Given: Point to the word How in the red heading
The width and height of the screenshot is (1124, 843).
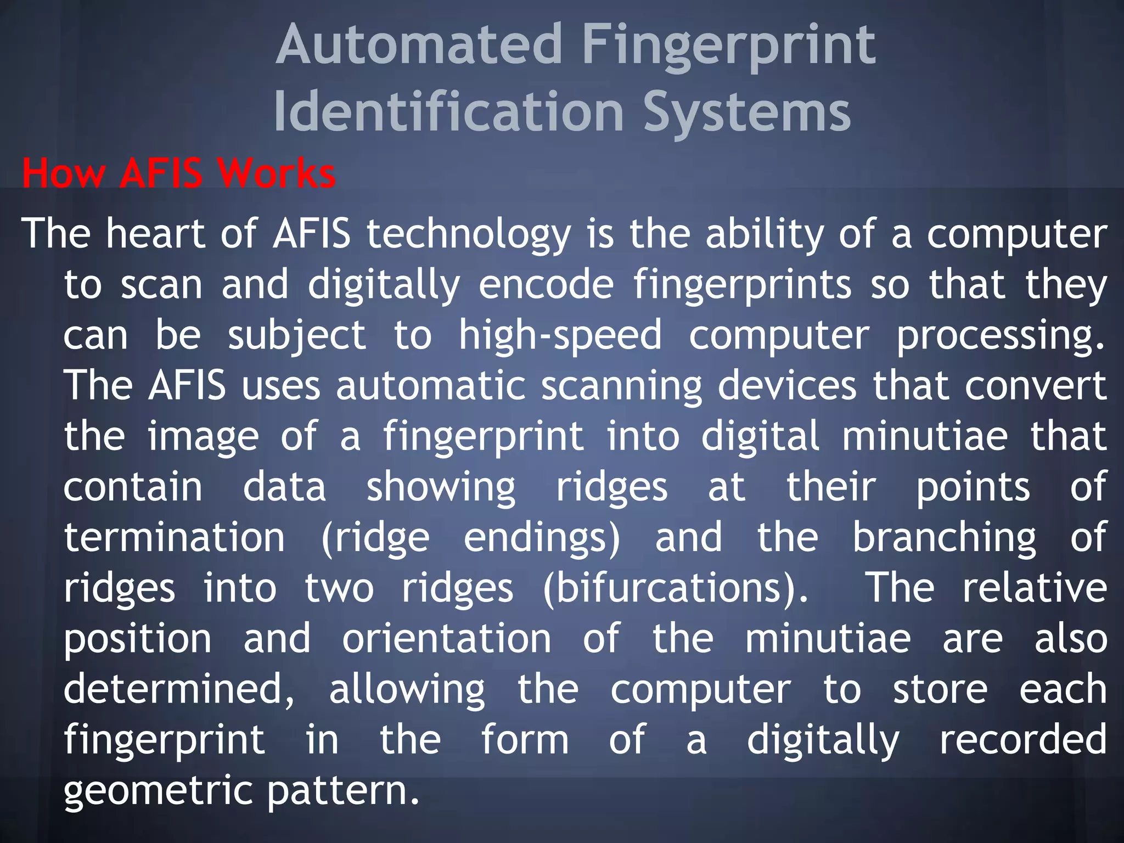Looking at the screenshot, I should point(63,173).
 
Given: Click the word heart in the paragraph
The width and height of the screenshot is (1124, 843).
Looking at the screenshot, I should point(156,234).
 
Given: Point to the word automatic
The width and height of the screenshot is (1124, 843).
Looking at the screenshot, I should point(431,386).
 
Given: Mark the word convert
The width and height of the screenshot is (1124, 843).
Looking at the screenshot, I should point(1036,386).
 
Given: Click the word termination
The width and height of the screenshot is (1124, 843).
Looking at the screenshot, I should point(175,538).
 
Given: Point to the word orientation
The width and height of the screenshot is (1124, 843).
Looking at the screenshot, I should point(447,639).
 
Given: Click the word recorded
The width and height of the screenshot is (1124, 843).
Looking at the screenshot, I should point(1023,740).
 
